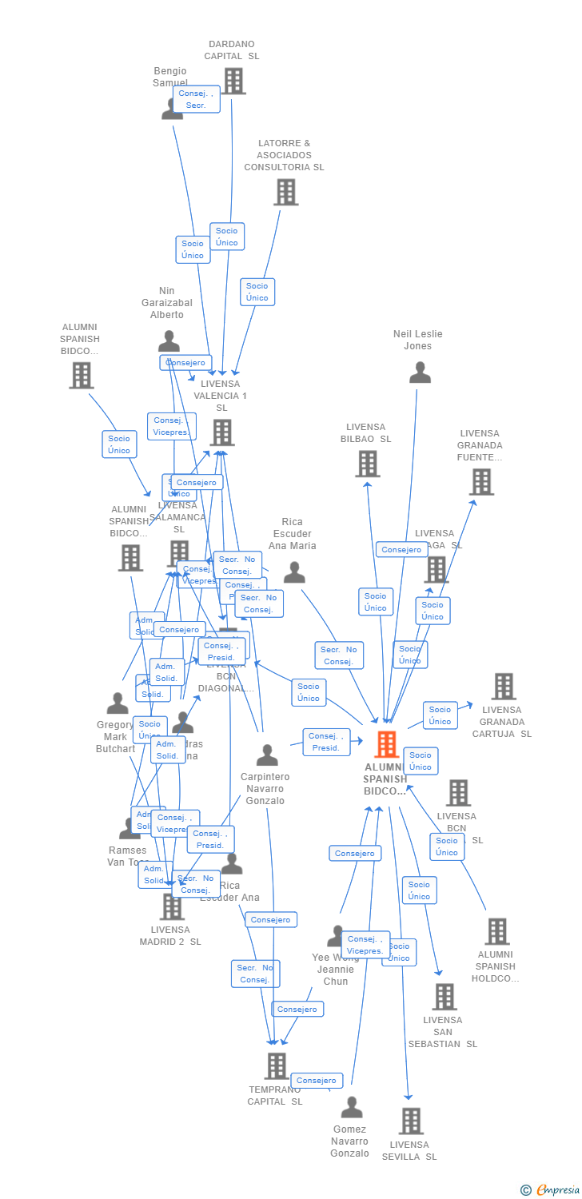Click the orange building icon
click(387, 744)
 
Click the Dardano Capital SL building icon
click(233, 81)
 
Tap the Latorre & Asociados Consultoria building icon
click(285, 192)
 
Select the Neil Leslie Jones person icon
click(420, 372)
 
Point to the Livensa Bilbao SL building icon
click(367, 464)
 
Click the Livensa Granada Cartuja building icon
click(503, 686)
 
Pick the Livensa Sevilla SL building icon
click(410, 1121)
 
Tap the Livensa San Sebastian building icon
click(444, 997)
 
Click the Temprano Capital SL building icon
click(276, 1066)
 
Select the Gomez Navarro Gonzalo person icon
click(352, 1108)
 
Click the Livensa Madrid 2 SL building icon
click(172, 906)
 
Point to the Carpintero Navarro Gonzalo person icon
click(267, 755)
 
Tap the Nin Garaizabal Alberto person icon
click(169, 341)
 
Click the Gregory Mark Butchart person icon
click(118, 703)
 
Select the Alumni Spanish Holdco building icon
click(496, 931)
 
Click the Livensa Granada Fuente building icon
click(481, 482)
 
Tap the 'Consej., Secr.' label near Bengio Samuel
click(196, 99)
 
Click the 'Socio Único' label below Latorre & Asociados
click(257, 292)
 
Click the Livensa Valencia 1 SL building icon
click(221, 432)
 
